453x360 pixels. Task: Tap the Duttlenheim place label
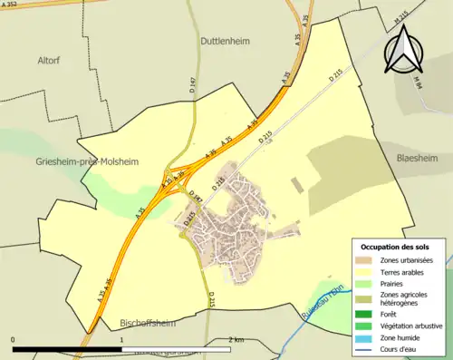pos(225,41)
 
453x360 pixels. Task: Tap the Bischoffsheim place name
pos(148,322)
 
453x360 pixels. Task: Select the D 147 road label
pos(193,86)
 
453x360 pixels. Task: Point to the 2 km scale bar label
pos(237,339)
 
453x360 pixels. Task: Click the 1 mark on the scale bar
pos(121,339)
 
